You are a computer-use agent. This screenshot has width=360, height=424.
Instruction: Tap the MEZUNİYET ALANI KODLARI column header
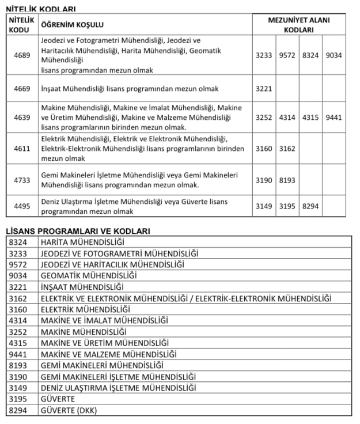pyautogui.click(x=299, y=25)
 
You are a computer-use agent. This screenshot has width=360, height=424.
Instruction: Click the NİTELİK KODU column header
pyautogui.click(x=22, y=25)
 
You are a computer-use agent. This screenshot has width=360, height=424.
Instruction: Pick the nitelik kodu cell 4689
pyautogui.click(x=22, y=55)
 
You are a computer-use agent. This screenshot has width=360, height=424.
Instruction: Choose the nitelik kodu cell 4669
pyautogui.click(x=22, y=89)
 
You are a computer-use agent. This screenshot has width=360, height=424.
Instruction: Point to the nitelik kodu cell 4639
pyautogui.click(x=22, y=118)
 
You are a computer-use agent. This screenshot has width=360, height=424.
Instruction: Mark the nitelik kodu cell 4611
pyautogui.click(x=22, y=149)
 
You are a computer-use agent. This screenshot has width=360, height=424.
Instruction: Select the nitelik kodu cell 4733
pyautogui.click(x=22, y=180)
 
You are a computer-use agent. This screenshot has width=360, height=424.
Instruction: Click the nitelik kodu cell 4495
pyautogui.click(x=22, y=206)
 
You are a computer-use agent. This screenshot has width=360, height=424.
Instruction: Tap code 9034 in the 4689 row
pyautogui.click(x=334, y=55)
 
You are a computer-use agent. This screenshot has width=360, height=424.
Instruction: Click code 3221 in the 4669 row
pyautogui.click(x=264, y=89)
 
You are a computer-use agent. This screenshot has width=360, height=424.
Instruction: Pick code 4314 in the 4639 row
pyautogui.click(x=287, y=118)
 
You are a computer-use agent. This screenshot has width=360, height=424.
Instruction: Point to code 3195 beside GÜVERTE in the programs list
pyautogui.click(x=18, y=399)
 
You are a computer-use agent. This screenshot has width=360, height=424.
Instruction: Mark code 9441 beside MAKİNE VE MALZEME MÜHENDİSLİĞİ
pyautogui.click(x=18, y=354)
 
